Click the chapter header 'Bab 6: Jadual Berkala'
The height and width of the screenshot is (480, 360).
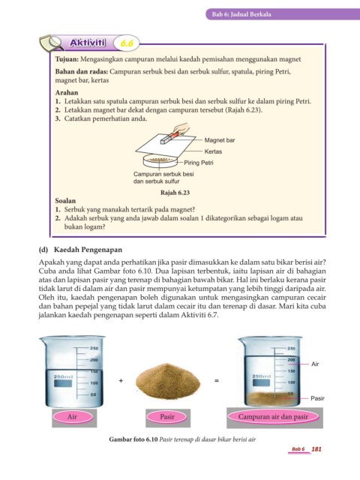(241, 14)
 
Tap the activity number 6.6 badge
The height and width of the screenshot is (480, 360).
(127, 43)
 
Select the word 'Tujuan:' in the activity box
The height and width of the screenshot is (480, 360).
(67, 59)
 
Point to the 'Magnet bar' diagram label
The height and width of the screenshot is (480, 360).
(220, 140)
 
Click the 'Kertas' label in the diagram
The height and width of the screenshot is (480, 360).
(213, 151)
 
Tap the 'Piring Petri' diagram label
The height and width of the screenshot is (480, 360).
(198, 163)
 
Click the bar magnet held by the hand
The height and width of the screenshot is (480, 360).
(169, 137)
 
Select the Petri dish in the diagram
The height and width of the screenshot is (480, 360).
(160, 160)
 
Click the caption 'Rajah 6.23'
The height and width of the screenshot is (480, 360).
(175, 193)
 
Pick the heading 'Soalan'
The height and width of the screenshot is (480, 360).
(65, 201)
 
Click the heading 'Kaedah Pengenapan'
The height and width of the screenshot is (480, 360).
(88, 250)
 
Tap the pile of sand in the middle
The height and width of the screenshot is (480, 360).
(168, 382)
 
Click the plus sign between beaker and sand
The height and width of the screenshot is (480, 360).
(121, 381)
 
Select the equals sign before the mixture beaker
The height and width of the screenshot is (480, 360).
(217, 381)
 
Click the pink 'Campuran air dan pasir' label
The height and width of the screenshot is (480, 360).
(273, 417)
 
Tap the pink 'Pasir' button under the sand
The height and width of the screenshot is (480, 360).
(167, 417)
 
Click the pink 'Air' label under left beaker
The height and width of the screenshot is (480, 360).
(72, 417)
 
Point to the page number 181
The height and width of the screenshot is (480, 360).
(316, 449)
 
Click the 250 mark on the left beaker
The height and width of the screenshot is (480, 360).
(94, 348)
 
